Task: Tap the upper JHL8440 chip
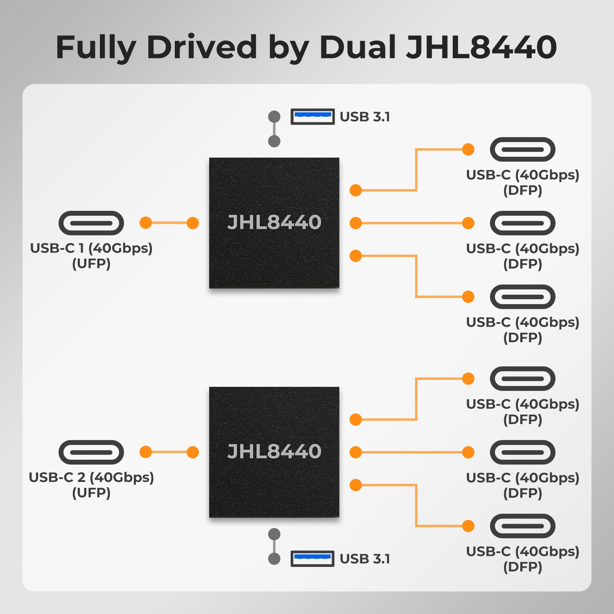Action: (x=274, y=223)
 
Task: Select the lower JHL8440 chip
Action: (x=274, y=452)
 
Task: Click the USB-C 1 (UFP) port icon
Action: (x=91, y=223)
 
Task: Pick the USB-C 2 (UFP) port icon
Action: (x=91, y=452)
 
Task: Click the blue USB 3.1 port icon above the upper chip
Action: (x=312, y=117)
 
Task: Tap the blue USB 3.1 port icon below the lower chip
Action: (x=312, y=559)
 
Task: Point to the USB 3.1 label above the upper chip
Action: (x=365, y=117)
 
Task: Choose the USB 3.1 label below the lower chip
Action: (x=365, y=559)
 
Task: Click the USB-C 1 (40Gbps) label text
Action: (x=91, y=248)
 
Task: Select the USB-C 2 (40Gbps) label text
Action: (x=91, y=478)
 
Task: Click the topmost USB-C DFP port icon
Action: (x=523, y=149)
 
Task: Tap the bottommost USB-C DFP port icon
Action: (x=523, y=526)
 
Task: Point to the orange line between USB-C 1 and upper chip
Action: (x=169, y=223)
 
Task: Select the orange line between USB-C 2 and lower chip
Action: (x=169, y=452)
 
